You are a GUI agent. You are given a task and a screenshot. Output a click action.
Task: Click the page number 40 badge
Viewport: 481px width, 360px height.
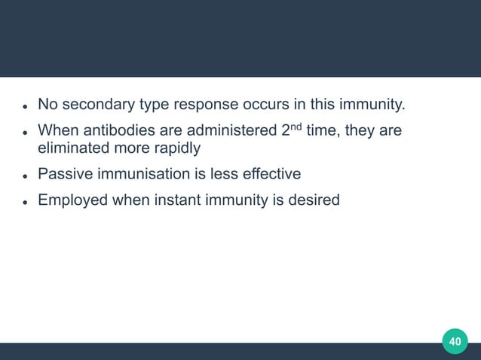pos(455,341)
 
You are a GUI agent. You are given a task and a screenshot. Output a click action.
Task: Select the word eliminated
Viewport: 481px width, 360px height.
pos(73,148)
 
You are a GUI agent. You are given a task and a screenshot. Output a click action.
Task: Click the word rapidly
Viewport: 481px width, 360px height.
pos(175,148)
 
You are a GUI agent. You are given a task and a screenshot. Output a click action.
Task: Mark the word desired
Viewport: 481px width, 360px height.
pos(314,201)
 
